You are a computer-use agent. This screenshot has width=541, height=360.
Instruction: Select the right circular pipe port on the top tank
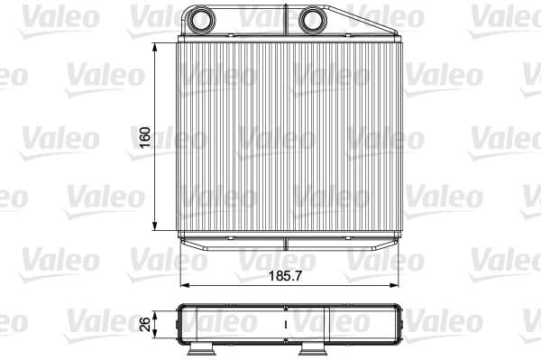[x=311, y=19]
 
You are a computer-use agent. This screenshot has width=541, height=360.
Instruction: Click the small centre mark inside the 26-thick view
[x=286, y=321]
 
